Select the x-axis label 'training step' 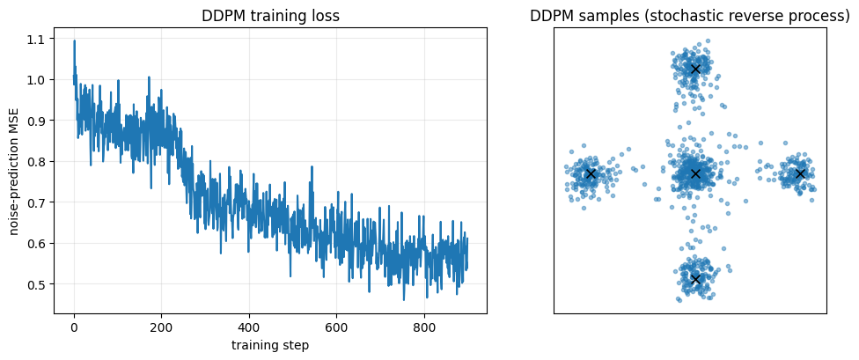270,345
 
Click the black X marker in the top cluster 695,69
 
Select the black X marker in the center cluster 695,173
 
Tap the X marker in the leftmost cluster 591,173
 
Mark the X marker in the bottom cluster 695,279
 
